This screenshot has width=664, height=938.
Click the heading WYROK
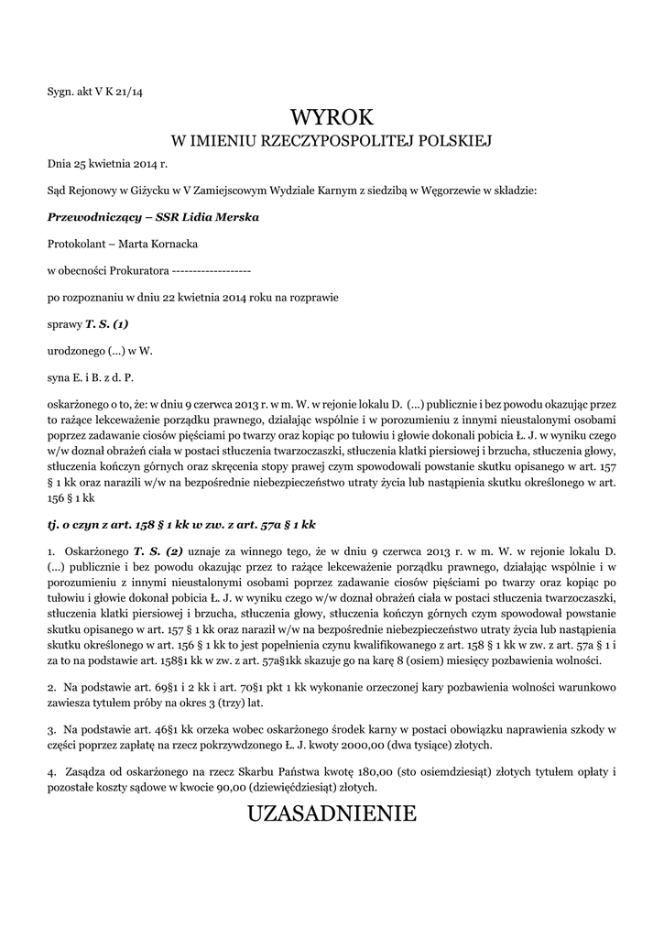pos(332,117)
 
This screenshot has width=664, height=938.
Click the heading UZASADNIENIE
pos(332,813)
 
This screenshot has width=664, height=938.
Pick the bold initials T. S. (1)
pos(107,323)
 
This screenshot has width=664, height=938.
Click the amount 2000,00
pos(366,745)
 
